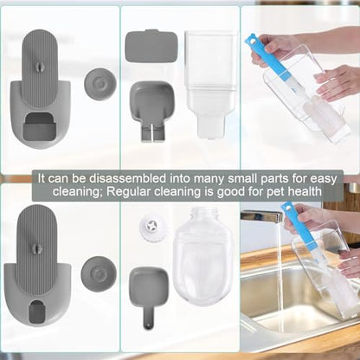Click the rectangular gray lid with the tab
click(151, 46)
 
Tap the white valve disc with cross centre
click(150, 227)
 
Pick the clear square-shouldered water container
click(210, 84)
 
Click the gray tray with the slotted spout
click(151, 111)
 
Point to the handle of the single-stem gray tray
click(149, 318)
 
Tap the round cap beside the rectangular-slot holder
click(100, 83)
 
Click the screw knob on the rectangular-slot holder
click(39, 67)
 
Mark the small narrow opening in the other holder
click(35, 312)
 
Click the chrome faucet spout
click(261, 216)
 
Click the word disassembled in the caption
click(127, 178)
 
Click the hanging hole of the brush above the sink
click(286, 207)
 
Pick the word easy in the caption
click(324, 179)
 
